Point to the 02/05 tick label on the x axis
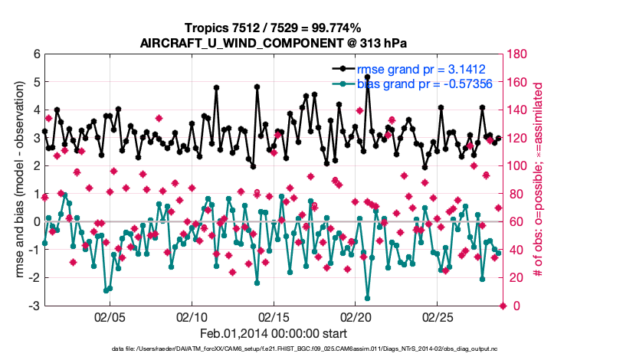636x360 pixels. [110, 316]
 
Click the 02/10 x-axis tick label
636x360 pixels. [192, 316]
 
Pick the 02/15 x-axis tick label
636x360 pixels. [274, 316]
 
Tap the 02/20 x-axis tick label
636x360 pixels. [356, 316]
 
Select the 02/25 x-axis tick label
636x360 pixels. [438, 316]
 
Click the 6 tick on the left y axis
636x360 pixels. [36, 54]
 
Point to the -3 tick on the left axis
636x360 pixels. [34, 306]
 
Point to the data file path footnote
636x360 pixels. [272, 349]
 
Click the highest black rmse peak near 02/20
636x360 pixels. [368, 77]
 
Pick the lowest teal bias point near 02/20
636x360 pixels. [368, 298]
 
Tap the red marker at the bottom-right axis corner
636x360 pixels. [503, 306]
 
